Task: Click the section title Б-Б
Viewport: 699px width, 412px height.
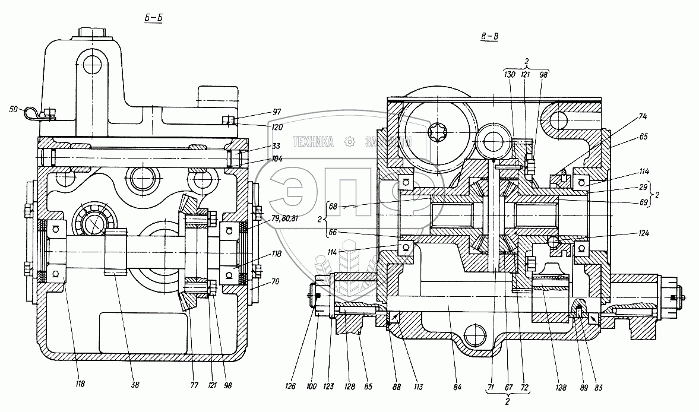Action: coord(153,17)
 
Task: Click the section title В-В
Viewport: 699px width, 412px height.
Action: coord(489,37)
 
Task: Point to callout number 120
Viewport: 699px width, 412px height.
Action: coord(260,127)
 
